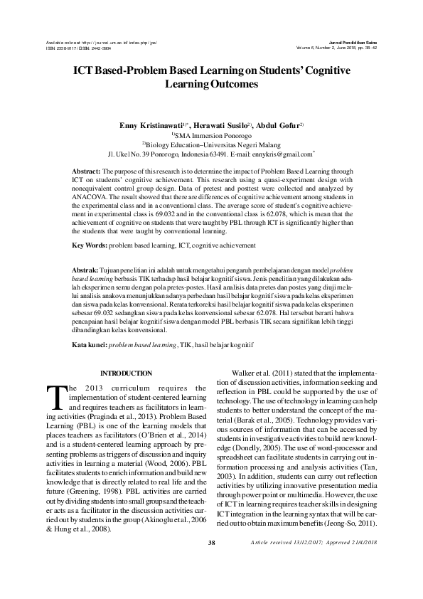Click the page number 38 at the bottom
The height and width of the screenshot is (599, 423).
[x=211, y=563]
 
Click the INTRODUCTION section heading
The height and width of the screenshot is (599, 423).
[x=126, y=373]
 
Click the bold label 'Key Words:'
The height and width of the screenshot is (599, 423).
[x=91, y=245]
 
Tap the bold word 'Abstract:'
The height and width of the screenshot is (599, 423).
[x=88, y=172]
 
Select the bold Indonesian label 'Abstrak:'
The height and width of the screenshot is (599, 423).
[x=88, y=272]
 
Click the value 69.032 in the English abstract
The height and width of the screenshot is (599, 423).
[x=166, y=213]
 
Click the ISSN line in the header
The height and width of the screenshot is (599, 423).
[x=79, y=48]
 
